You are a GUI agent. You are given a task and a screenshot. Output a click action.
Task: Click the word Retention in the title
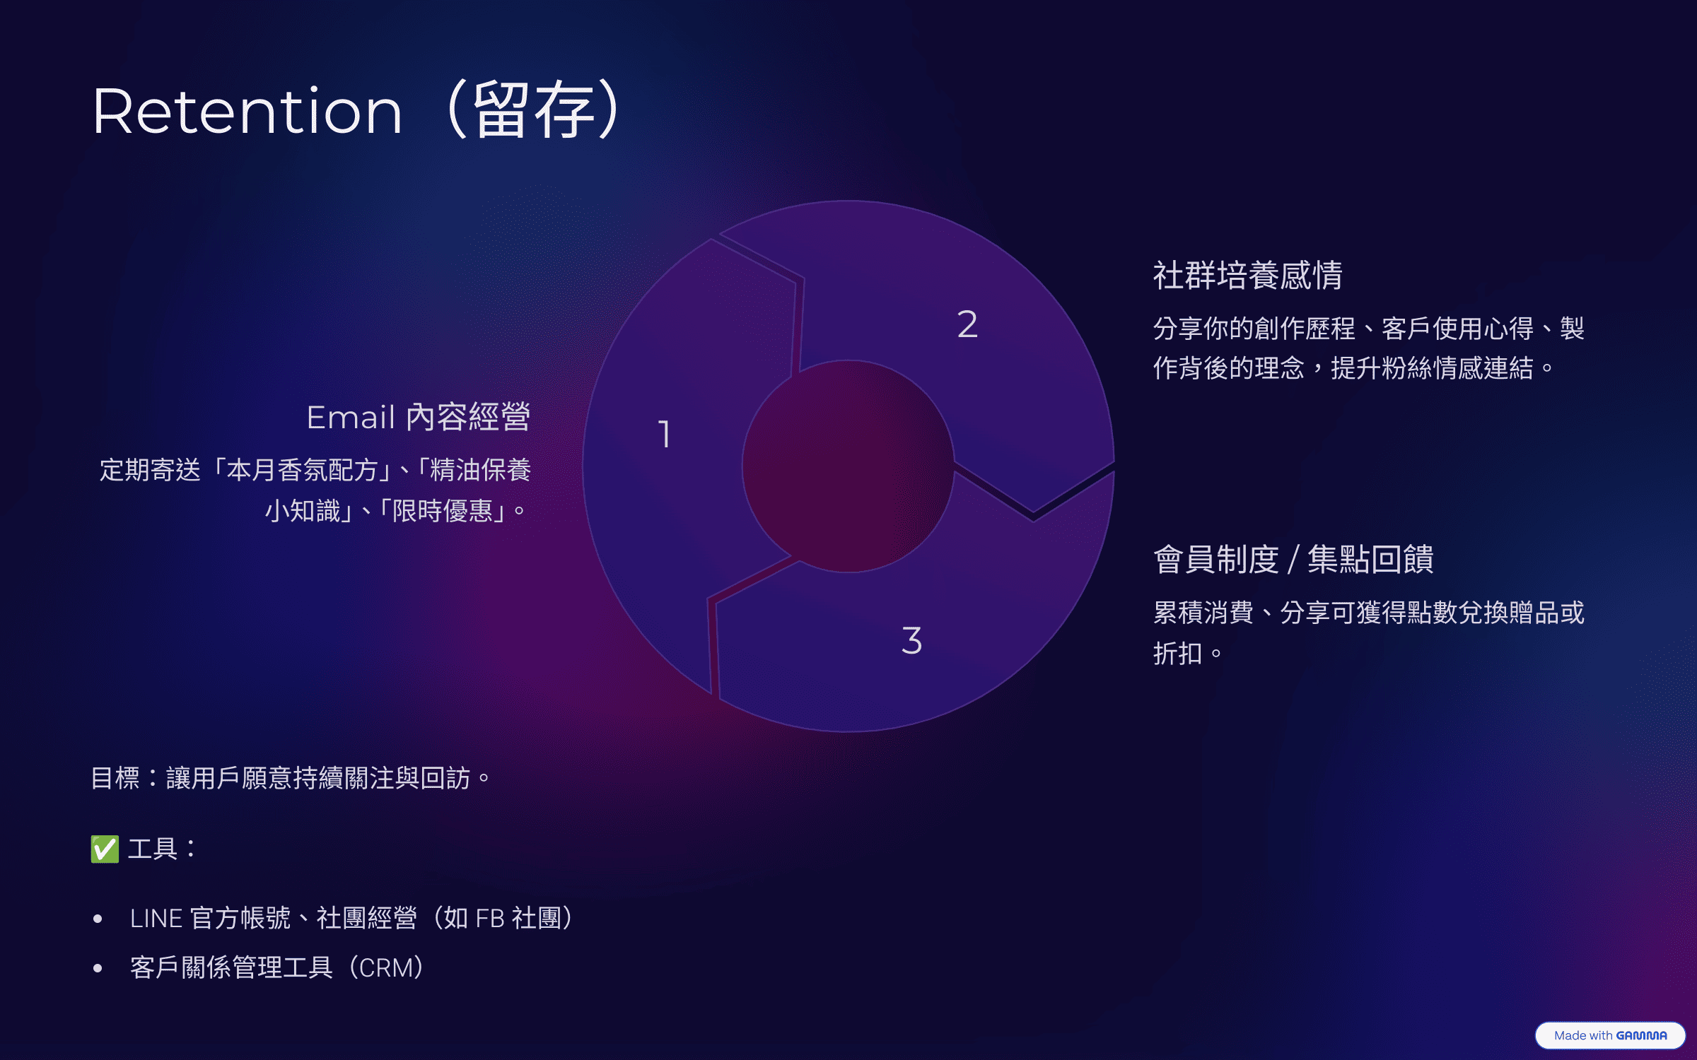[x=247, y=112]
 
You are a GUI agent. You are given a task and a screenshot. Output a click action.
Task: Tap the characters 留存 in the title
[x=533, y=110]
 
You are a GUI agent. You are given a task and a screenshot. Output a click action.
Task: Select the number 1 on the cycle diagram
[x=664, y=434]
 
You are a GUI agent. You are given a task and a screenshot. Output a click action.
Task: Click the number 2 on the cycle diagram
[x=967, y=324]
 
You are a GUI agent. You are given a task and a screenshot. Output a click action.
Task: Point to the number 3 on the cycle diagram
[x=911, y=640]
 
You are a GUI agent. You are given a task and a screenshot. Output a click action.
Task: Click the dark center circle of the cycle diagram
[x=848, y=466]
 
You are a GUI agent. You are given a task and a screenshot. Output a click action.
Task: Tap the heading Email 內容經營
[x=419, y=417]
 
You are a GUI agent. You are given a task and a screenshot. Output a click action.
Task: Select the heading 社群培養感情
[x=1248, y=275]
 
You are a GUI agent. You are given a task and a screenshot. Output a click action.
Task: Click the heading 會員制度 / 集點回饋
[x=1293, y=560]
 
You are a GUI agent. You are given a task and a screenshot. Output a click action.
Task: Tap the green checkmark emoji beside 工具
[x=105, y=849]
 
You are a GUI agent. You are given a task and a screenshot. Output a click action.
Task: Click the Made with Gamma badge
[x=1610, y=1035]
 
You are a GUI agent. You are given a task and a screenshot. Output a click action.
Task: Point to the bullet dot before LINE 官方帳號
[x=98, y=919]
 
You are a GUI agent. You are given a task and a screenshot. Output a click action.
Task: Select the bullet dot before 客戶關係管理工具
[x=98, y=968]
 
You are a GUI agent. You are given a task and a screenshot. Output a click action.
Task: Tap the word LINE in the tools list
[x=156, y=919]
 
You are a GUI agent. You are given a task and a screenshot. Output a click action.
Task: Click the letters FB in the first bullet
[x=490, y=919]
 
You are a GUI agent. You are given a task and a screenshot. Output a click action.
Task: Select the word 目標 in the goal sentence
[x=116, y=778]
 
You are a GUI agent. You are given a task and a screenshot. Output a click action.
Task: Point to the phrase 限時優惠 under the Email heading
[x=443, y=510]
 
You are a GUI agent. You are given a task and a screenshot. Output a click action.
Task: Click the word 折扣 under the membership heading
[x=1178, y=653]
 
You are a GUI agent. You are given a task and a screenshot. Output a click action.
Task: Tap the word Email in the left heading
[x=351, y=417]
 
